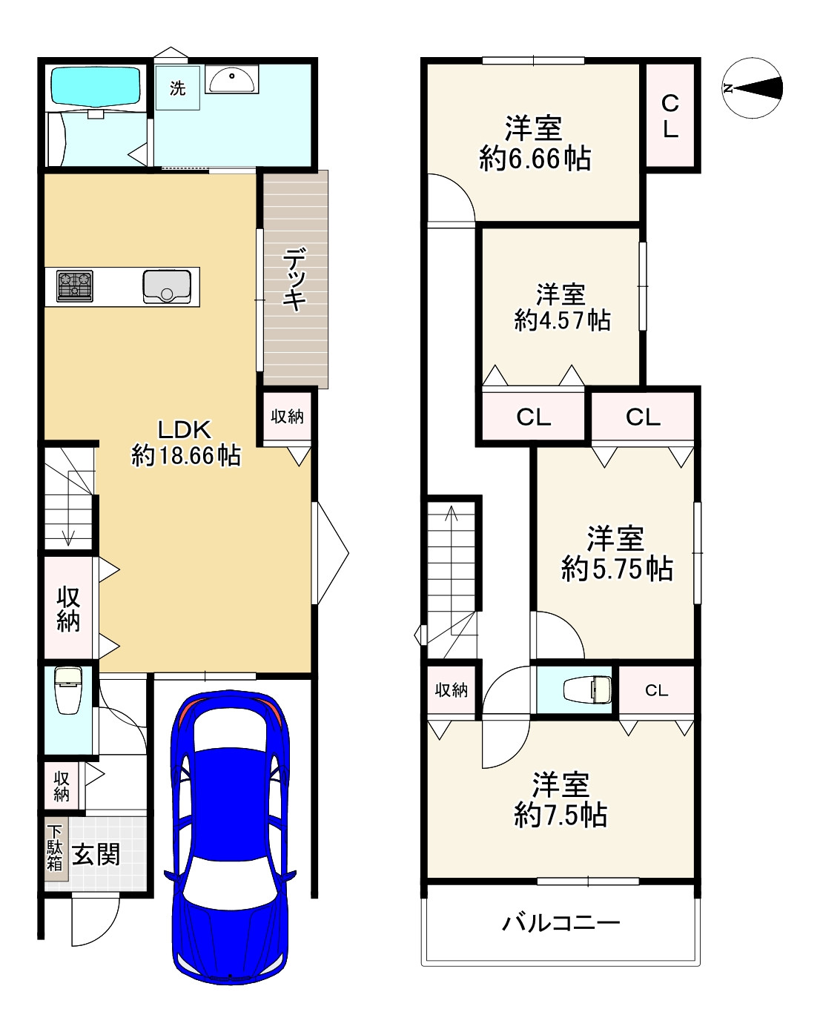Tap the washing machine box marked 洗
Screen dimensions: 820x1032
[x=177, y=87]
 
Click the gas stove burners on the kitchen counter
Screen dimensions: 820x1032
[x=75, y=286]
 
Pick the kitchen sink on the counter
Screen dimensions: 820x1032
[x=167, y=287]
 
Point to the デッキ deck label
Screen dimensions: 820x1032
[x=294, y=279]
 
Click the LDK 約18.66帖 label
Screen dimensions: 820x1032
[x=186, y=442]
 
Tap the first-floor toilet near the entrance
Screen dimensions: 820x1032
[x=68, y=689]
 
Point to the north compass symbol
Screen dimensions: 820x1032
[x=752, y=87]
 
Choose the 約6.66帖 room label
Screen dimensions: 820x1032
[x=535, y=159]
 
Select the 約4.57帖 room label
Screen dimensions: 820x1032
[x=563, y=320]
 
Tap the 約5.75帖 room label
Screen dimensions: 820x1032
[x=617, y=569]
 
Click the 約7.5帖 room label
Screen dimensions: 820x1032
[x=561, y=814]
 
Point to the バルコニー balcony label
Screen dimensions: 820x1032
[x=561, y=923]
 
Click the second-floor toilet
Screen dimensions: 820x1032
[x=587, y=690]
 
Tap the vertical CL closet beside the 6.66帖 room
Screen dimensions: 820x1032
[x=670, y=116]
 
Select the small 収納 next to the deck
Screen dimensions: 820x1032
[x=287, y=416]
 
